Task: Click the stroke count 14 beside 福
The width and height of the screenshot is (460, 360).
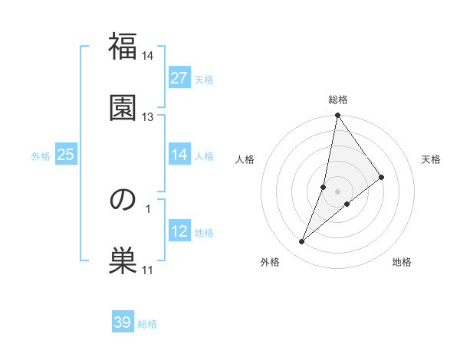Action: [148, 57]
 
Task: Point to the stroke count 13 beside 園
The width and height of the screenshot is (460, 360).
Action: [148, 116]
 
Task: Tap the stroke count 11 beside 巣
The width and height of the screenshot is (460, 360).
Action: [148, 270]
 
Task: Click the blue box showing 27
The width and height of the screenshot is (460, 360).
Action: [179, 78]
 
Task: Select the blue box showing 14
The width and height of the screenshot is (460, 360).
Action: [179, 155]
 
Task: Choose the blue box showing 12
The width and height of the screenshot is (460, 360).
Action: [179, 231]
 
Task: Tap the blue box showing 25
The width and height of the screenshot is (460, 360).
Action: [66, 155]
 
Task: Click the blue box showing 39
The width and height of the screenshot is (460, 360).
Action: [123, 322]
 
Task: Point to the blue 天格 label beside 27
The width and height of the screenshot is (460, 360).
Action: [204, 80]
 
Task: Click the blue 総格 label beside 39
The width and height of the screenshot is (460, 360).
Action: [147, 324]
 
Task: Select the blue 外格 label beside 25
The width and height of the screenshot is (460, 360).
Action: [41, 156]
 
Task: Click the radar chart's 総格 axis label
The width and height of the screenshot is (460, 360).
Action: [338, 100]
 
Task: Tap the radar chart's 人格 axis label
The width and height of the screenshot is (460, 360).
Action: [245, 159]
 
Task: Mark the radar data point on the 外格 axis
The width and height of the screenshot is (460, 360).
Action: [302, 242]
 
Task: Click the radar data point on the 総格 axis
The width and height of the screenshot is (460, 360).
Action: [337, 116]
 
